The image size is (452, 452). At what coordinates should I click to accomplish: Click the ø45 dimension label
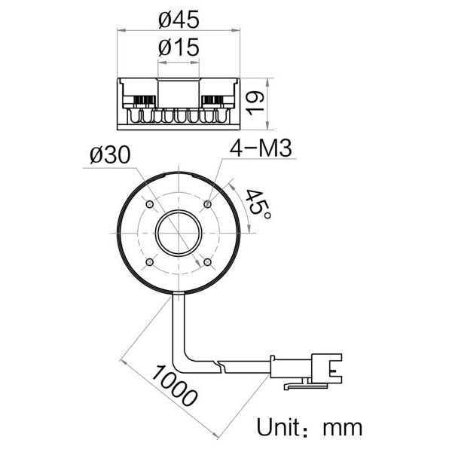pyautogui.click(x=178, y=16)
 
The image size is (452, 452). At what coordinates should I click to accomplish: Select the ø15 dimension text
pyautogui.click(x=179, y=47)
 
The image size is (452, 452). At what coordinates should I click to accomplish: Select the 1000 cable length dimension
pyautogui.click(x=174, y=384)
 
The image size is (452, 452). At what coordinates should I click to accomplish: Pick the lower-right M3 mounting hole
pyautogui.click(x=207, y=261)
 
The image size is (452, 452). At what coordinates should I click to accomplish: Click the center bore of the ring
pyautogui.click(x=179, y=233)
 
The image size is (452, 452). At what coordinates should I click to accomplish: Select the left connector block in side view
pyautogui.click(x=139, y=100)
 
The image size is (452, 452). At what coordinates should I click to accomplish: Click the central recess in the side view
pyautogui.click(x=179, y=93)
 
